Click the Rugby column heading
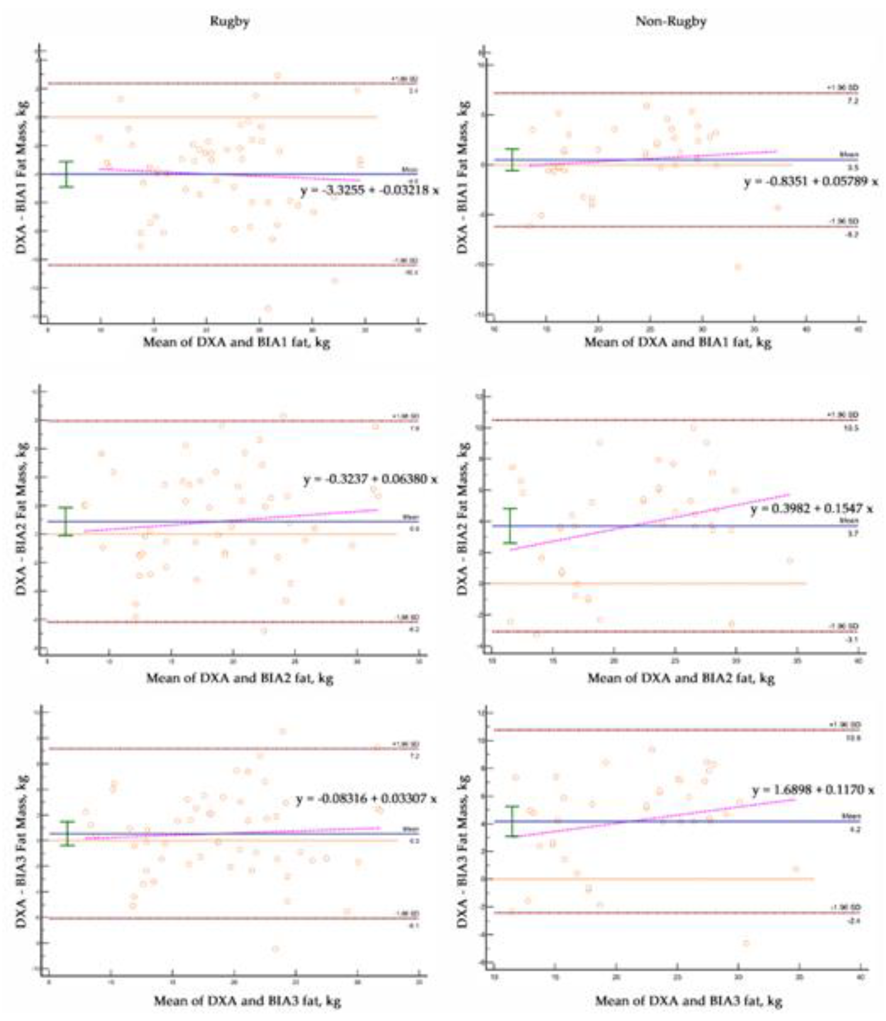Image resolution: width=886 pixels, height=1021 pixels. (229, 22)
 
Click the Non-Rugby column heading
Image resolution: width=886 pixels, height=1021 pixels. (671, 22)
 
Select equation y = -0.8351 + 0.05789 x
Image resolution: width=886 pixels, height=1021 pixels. (811, 182)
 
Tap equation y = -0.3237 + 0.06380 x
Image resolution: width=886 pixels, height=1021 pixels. (370, 479)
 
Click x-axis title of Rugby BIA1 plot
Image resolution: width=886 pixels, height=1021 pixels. (236, 342)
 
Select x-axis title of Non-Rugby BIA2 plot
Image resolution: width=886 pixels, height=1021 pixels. (680, 678)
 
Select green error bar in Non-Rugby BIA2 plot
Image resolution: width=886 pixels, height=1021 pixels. (510, 526)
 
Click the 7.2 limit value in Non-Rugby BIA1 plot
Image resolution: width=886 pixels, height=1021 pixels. (853, 101)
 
